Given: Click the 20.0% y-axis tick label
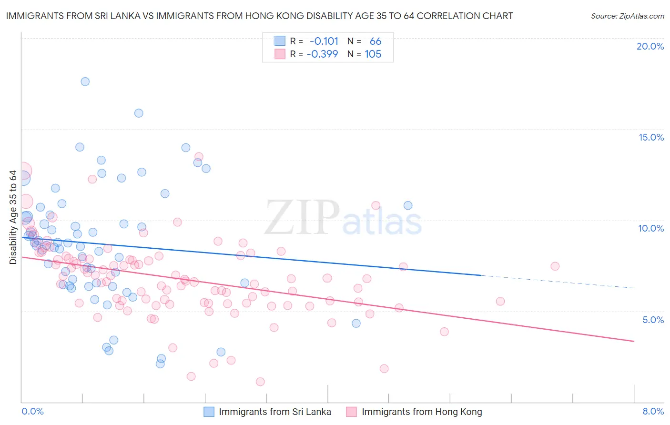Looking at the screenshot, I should (650, 46).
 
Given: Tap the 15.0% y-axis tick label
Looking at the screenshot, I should (651, 137).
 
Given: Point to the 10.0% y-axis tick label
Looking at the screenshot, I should (651, 228).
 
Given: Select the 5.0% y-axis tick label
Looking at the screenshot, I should (653, 320).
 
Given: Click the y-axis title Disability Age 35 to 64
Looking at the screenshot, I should (13, 217).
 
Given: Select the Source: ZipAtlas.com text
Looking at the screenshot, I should (627, 16).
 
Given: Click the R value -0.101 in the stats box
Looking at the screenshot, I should (324, 41).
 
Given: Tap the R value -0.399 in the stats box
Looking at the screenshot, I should (322, 54).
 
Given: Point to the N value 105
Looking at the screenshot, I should (373, 54).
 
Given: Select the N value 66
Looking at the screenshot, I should (376, 41).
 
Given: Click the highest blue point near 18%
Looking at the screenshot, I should (85, 81).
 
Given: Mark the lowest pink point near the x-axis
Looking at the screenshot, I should (260, 382).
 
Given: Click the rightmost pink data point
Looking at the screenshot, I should (555, 266).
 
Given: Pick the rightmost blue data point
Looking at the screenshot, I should (408, 205).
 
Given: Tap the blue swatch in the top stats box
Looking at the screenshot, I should (280, 41).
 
